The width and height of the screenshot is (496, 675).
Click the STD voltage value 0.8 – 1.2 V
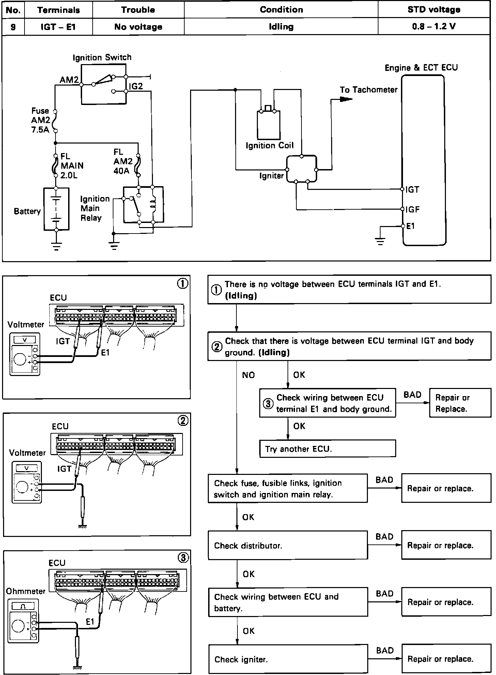434,27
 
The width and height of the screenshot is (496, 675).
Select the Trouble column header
138,10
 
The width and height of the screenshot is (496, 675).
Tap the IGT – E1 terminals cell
58,27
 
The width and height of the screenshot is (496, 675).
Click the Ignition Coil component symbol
269,125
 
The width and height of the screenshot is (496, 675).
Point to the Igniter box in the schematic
301,169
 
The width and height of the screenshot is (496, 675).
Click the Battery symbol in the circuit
56,209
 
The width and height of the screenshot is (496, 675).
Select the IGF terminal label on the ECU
413,209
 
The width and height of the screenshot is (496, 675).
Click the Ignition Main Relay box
143,205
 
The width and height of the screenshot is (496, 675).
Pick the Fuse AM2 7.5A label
40,120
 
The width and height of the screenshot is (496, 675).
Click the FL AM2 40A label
123,161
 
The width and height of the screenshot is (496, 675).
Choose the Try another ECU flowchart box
327,449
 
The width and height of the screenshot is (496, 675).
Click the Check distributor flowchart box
288,545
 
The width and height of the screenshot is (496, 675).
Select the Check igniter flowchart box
288,659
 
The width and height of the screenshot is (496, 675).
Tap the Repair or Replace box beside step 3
460,403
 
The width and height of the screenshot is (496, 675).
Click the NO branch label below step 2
248,375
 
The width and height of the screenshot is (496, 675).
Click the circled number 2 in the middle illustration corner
183,421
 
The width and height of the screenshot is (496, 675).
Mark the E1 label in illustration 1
105,352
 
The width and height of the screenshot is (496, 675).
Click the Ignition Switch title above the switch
102,57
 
